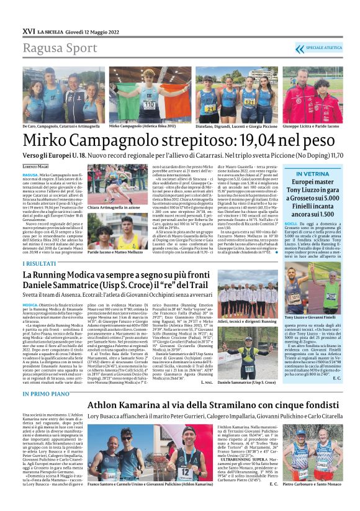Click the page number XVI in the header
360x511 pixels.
tap(29, 30)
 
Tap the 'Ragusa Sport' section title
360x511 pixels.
tap(58, 48)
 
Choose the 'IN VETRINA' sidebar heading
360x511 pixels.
tap(317, 174)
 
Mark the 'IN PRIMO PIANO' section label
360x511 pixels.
tap(45, 393)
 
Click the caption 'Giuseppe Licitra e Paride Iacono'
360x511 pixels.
tap(313, 126)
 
